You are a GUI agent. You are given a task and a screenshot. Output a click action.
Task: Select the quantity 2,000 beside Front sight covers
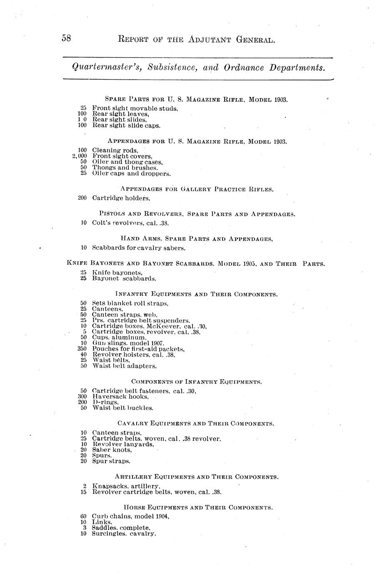coord(79,156)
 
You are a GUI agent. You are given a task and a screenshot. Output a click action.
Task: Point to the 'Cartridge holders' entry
coord(121,198)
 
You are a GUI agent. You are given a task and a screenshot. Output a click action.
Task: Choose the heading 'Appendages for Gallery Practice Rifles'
coord(197,189)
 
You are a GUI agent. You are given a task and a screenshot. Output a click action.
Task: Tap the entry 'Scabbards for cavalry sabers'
coord(139,248)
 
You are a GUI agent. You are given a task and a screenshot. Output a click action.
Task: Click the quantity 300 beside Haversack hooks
coord(82,397)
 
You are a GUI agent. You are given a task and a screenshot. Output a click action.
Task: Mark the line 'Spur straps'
coord(111,462)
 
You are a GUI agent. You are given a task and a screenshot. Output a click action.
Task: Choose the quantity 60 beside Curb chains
coord(83,516)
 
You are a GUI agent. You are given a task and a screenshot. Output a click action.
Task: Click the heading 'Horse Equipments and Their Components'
coord(198,507)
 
